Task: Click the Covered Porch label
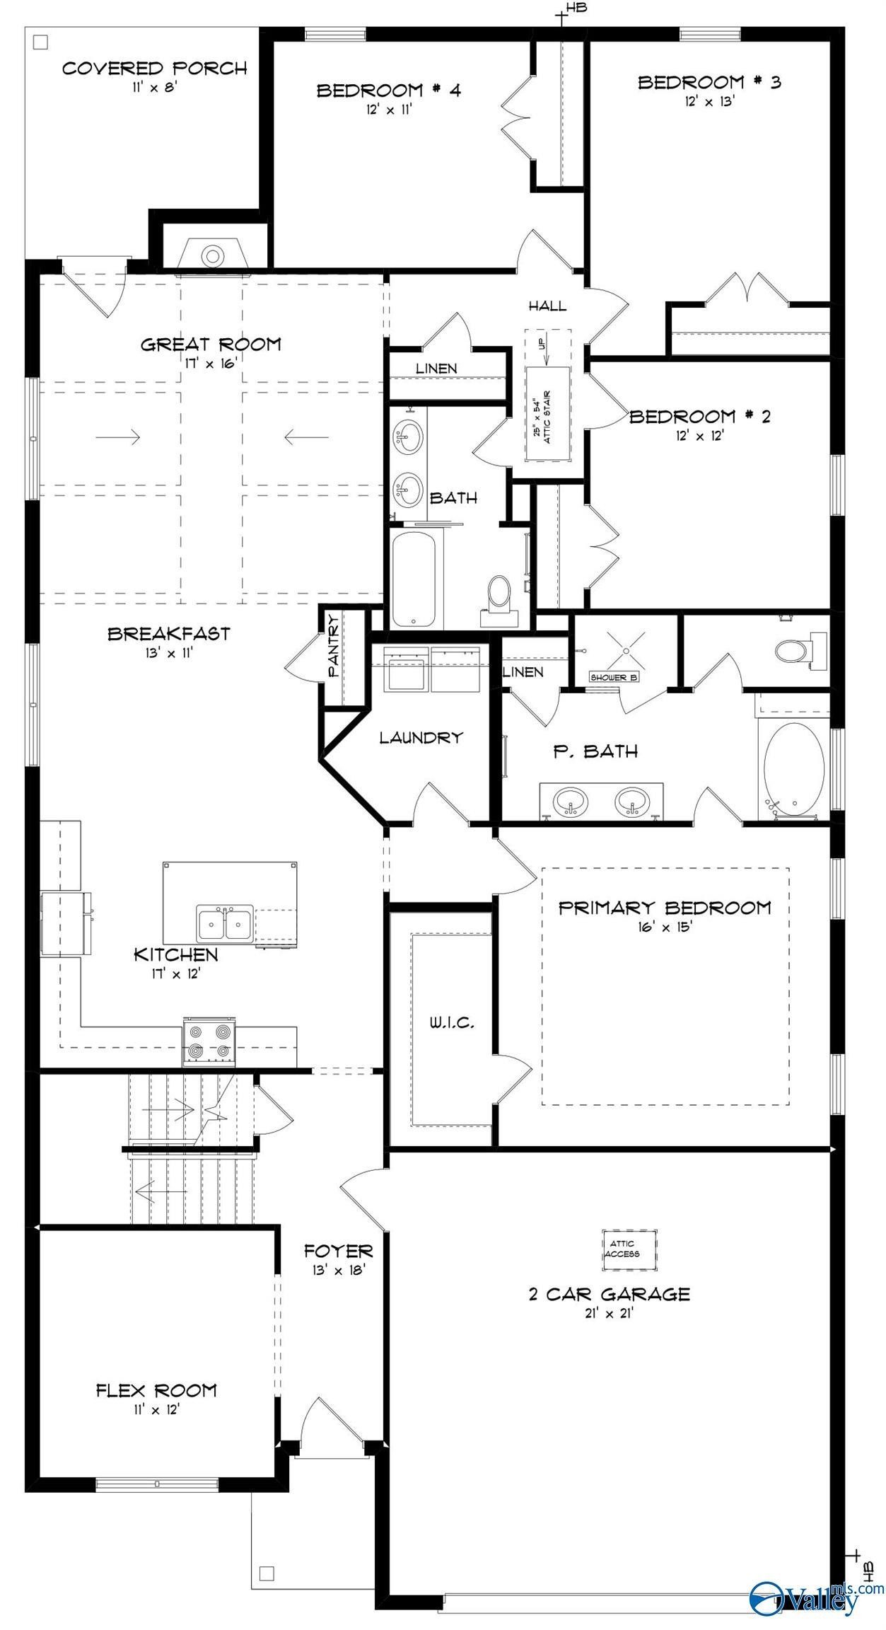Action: [x=154, y=69]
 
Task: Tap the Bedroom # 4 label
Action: [x=388, y=91]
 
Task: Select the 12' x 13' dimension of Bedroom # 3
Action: [x=709, y=100]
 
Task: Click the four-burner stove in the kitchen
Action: [x=209, y=1041]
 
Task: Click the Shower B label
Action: [x=614, y=677]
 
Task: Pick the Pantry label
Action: [x=332, y=647]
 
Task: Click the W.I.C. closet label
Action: [x=451, y=1022]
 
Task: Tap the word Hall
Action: [x=547, y=306]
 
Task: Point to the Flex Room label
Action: [x=156, y=1390]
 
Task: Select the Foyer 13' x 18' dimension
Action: [x=338, y=1270]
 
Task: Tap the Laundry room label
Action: [x=421, y=737]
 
